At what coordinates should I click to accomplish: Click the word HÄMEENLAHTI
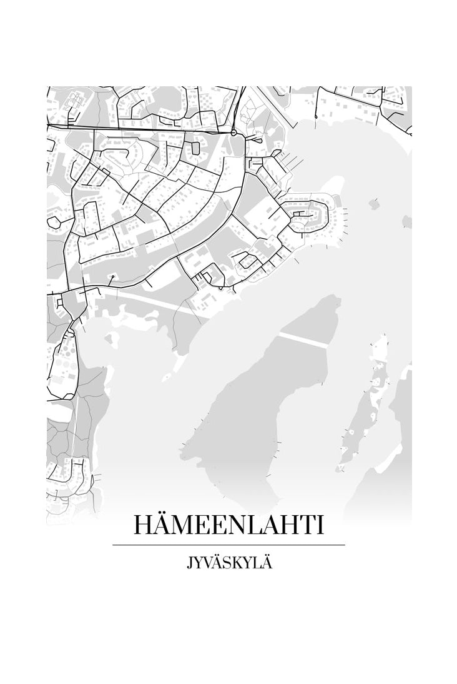pyautogui.click(x=228, y=525)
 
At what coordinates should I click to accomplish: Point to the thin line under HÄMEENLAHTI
pyautogui.click(x=228, y=545)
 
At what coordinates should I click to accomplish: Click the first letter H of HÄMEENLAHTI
pyautogui.click(x=142, y=525)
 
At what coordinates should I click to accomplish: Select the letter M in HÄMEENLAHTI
pyautogui.click(x=184, y=525)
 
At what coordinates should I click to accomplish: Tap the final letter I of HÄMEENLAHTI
pyautogui.click(x=322, y=525)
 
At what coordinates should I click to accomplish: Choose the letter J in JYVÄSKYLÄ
pyautogui.click(x=189, y=563)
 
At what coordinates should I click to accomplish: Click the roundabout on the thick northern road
pyautogui.click(x=233, y=133)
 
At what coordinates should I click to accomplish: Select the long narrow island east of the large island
pyautogui.click(x=368, y=400)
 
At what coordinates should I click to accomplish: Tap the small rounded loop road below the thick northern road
pyautogui.click(x=195, y=148)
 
